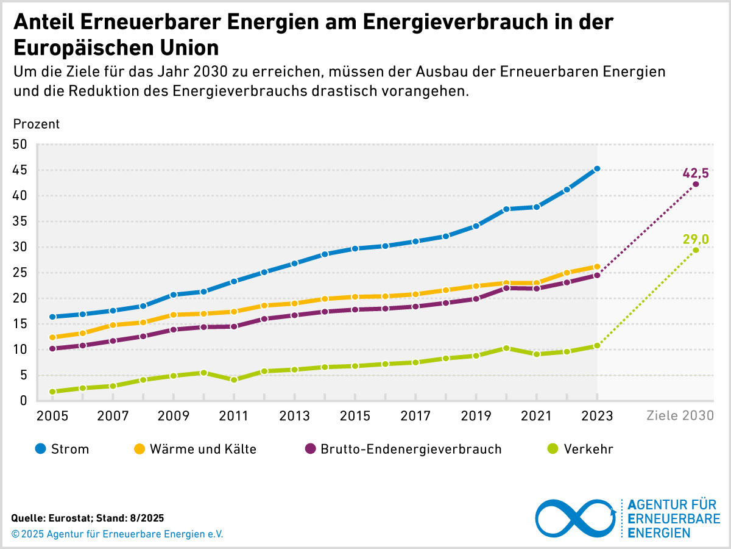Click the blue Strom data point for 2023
pos(597,168)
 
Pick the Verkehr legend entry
pos(588,450)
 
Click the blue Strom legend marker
pos(40,450)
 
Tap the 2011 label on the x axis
pos(233,417)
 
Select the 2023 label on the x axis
pos(597,417)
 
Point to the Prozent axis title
pos(37,124)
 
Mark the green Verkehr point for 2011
pos(233,379)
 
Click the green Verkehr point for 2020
pos(506,348)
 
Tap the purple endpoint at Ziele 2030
pos(696,184)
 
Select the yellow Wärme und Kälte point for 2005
pos(52,337)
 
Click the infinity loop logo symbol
pos(576,518)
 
